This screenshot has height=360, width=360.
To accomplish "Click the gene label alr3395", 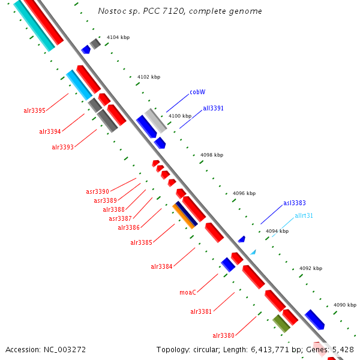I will [x=34, y=110].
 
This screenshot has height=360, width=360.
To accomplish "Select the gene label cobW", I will [x=197, y=92].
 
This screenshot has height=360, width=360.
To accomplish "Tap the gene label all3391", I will [x=213, y=109].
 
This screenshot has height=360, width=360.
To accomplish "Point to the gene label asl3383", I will [x=294, y=203].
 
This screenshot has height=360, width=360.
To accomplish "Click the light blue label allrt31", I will [x=304, y=215].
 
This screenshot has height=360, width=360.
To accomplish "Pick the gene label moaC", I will [x=188, y=293].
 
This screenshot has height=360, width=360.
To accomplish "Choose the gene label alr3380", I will [x=223, y=335].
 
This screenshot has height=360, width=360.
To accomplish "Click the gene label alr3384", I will [x=161, y=266].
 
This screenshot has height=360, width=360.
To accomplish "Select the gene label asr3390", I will [x=97, y=192].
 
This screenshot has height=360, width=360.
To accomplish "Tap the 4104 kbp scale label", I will [x=118, y=38].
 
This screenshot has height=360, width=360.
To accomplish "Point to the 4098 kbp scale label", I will [x=211, y=155].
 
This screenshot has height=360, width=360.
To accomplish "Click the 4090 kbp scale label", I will [x=344, y=305].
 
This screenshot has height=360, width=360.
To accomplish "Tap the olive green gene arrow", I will [x=281, y=323].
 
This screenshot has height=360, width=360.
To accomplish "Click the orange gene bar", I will [x=184, y=216].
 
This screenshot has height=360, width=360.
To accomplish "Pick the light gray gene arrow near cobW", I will [x=155, y=121].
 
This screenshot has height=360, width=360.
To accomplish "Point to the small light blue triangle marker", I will [x=253, y=253].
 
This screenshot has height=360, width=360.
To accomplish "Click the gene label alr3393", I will [x=62, y=147].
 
